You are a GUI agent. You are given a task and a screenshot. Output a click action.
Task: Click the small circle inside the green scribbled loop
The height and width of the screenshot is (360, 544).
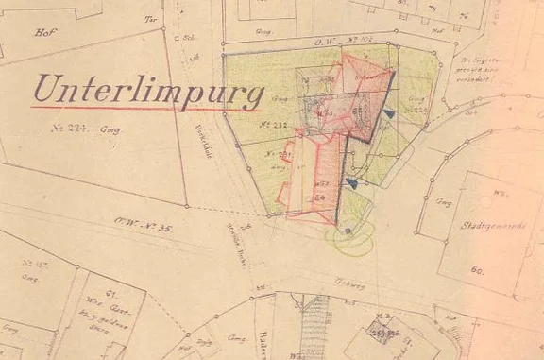click(348, 230)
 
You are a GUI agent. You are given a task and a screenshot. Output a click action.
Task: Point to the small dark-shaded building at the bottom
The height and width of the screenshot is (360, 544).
click(382, 331)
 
